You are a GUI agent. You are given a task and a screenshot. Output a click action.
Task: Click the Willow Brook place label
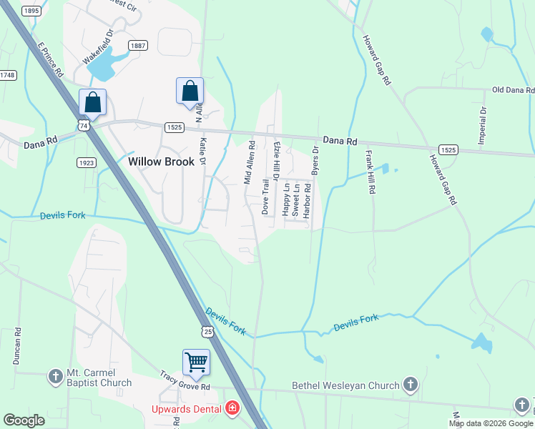pos(161,162)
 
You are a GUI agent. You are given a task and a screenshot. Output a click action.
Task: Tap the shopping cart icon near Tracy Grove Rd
pos(196,361)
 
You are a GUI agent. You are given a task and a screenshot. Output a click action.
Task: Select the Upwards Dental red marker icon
pos(232,409)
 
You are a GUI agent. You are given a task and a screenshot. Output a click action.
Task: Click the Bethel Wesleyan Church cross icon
pos(410,385)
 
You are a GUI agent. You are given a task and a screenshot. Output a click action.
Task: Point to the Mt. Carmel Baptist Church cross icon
pos(56,376)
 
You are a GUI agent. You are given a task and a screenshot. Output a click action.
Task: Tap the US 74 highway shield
pos(84,125)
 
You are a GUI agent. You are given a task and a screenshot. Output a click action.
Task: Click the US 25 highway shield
pos(206,332)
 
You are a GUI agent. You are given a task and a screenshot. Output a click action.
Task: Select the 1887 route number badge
pos(138,46)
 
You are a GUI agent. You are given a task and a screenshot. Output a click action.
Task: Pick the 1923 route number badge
pos(86,163)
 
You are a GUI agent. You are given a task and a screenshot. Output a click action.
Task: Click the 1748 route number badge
pos(8,75)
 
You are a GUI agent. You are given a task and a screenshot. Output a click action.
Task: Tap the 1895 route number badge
pos(31,11)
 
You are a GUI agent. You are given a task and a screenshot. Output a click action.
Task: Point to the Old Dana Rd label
pos(513,91)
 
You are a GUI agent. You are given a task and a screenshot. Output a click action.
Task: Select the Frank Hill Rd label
pos(370,174)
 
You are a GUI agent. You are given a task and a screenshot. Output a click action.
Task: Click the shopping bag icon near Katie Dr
pos(190,92)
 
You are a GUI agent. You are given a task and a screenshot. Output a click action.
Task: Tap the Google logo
pos(24,420)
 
